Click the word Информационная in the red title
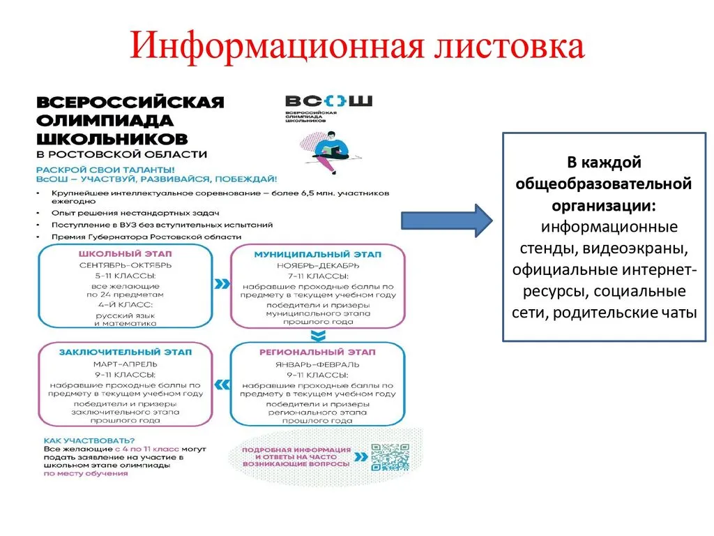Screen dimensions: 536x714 pyautogui.click(x=272, y=48)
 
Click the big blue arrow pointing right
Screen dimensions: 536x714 pyautogui.click(x=447, y=220)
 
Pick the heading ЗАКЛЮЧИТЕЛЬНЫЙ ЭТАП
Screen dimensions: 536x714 pyautogui.click(x=125, y=352)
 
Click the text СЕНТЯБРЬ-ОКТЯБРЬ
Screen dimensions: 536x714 pyautogui.click(x=125, y=265)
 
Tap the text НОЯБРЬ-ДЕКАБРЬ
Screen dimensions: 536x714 pyautogui.click(x=317, y=265)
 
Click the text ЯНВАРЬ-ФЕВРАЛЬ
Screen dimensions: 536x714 pyautogui.click(x=317, y=364)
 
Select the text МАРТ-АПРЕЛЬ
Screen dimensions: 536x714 pyautogui.click(x=125, y=364)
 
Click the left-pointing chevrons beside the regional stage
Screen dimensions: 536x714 pyautogui.click(x=222, y=384)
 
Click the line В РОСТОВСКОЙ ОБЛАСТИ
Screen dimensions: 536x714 pyautogui.click(x=121, y=154)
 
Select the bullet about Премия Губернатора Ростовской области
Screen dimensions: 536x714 pyautogui.click(x=146, y=237)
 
